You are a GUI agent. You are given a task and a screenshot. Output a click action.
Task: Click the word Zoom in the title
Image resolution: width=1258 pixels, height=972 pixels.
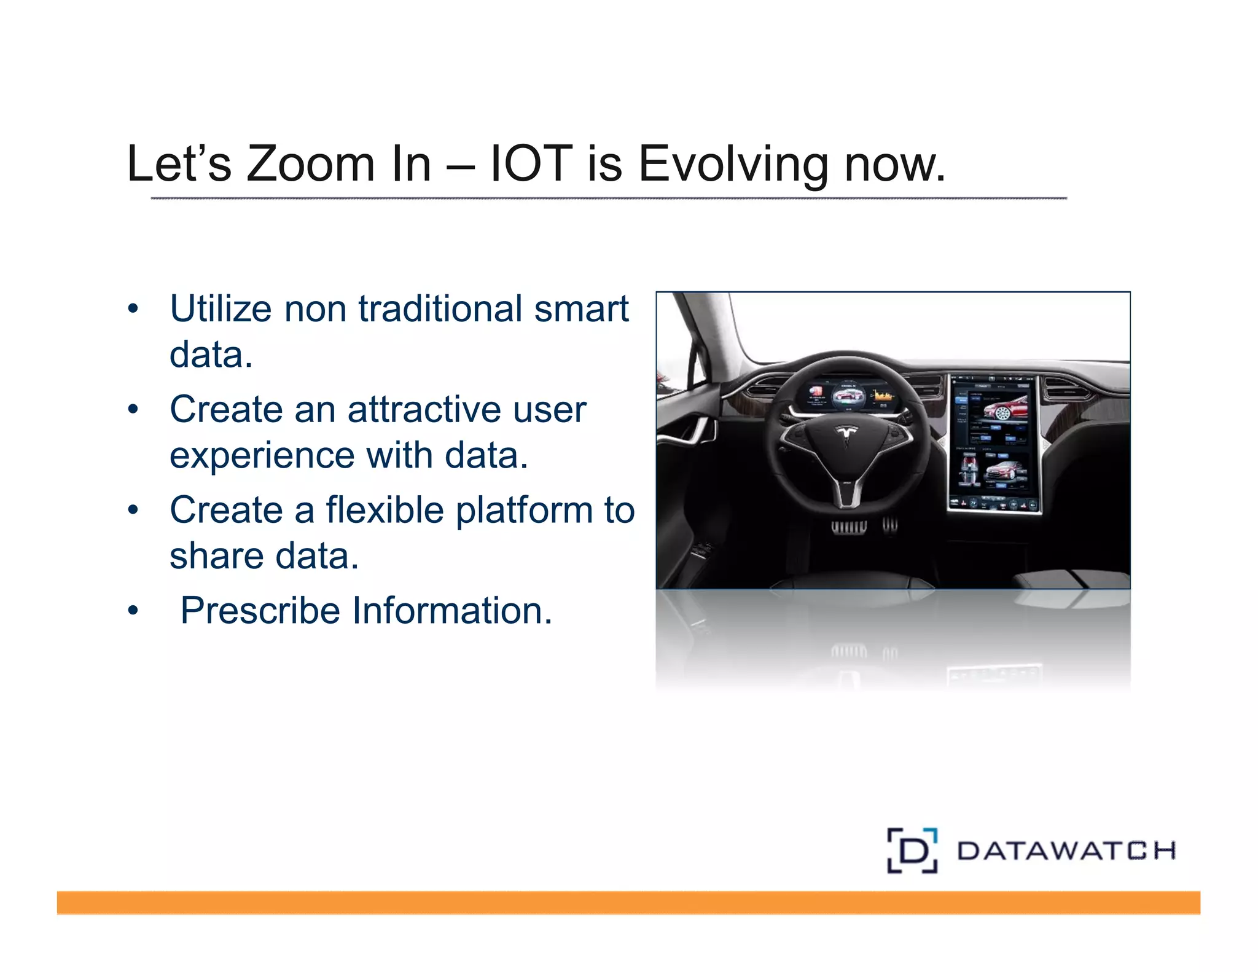tap(310, 164)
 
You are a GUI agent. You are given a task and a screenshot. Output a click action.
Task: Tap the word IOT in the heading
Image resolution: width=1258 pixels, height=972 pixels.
tap(531, 164)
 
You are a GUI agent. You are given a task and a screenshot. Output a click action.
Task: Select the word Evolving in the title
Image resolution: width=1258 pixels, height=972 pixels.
tap(733, 164)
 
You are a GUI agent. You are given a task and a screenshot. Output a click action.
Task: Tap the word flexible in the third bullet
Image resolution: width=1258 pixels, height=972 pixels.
tap(385, 510)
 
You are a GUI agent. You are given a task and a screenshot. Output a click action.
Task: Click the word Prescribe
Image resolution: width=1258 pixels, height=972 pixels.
tap(260, 611)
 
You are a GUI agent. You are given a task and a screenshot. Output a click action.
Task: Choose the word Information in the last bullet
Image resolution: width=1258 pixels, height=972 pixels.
tap(452, 611)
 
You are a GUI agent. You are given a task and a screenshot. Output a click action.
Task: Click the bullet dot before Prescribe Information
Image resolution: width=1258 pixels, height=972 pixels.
tap(133, 611)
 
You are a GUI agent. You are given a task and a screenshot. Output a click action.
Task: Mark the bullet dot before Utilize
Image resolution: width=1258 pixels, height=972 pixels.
tap(133, 308)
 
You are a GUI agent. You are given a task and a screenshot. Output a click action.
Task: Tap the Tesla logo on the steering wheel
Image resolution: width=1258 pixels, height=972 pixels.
tap(846, 434)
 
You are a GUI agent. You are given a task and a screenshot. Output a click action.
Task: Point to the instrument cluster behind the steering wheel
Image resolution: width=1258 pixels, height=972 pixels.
tap(849, 396)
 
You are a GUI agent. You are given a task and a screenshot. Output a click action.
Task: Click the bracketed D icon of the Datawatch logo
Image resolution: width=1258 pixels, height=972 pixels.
tap(912, 850)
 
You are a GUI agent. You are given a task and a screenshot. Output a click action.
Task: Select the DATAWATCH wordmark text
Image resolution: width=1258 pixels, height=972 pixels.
tap(1066, 851)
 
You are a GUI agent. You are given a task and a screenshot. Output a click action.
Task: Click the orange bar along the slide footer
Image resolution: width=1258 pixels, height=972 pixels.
tap(628, 903)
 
